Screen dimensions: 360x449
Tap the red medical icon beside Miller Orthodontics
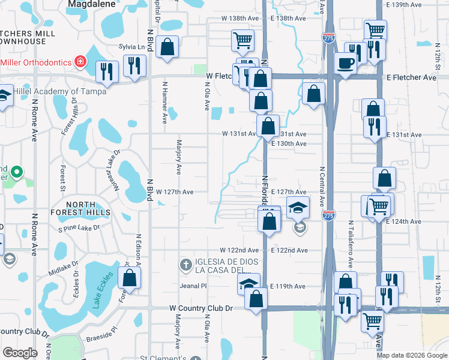79,62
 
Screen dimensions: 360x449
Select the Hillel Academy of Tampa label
58,91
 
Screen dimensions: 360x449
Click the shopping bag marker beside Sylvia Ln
167,47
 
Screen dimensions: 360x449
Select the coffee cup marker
346,63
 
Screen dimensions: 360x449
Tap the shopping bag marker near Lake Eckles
129,278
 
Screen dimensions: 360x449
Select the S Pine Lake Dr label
79,229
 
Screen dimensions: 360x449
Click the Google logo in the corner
20,353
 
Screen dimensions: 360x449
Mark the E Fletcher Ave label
411,78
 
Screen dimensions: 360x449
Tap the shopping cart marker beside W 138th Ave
243,41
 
